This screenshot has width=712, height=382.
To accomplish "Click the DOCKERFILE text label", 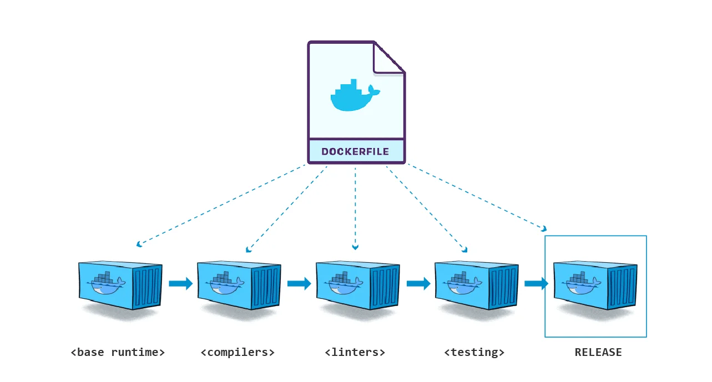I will [355, 151].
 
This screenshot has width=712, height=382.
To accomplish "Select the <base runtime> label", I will [118, 352].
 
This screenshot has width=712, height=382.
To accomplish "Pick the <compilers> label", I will [238, 352].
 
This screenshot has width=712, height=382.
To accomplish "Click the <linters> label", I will [355, 352].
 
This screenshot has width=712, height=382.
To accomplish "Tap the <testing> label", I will [474, 352].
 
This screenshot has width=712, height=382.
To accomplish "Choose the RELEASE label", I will [598, 352].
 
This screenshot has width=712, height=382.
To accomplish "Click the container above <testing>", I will [476, 286].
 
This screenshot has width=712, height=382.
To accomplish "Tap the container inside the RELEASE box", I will [595, 286].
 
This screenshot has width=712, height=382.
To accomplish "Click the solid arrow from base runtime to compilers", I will [180, 284].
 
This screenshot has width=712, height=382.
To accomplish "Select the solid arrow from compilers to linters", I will [299, 284].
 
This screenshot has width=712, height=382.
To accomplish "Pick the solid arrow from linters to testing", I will [418, 284].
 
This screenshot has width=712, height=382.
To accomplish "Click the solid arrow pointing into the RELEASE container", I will [536, 284].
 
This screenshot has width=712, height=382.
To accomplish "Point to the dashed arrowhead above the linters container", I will [355, 247].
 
